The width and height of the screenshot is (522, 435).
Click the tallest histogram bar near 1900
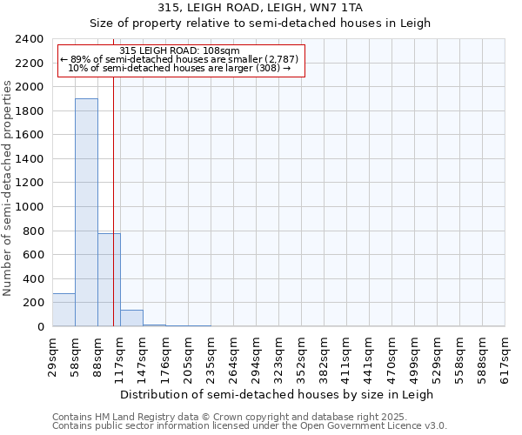pos(86,213)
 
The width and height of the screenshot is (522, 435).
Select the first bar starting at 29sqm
pos(64,310)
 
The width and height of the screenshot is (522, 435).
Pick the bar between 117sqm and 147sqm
pos(131,318)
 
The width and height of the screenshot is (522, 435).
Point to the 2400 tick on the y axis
pos(30,40)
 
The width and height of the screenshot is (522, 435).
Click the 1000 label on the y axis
pos(30,207)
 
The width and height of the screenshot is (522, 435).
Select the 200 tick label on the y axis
pos(34,303)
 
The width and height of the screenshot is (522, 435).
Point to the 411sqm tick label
pos(347,358)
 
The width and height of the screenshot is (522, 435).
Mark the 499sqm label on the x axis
pos(415,358)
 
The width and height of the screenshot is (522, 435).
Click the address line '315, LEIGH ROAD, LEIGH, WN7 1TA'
pos(260,8)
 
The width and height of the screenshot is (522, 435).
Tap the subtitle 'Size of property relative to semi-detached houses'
pos(260,23)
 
